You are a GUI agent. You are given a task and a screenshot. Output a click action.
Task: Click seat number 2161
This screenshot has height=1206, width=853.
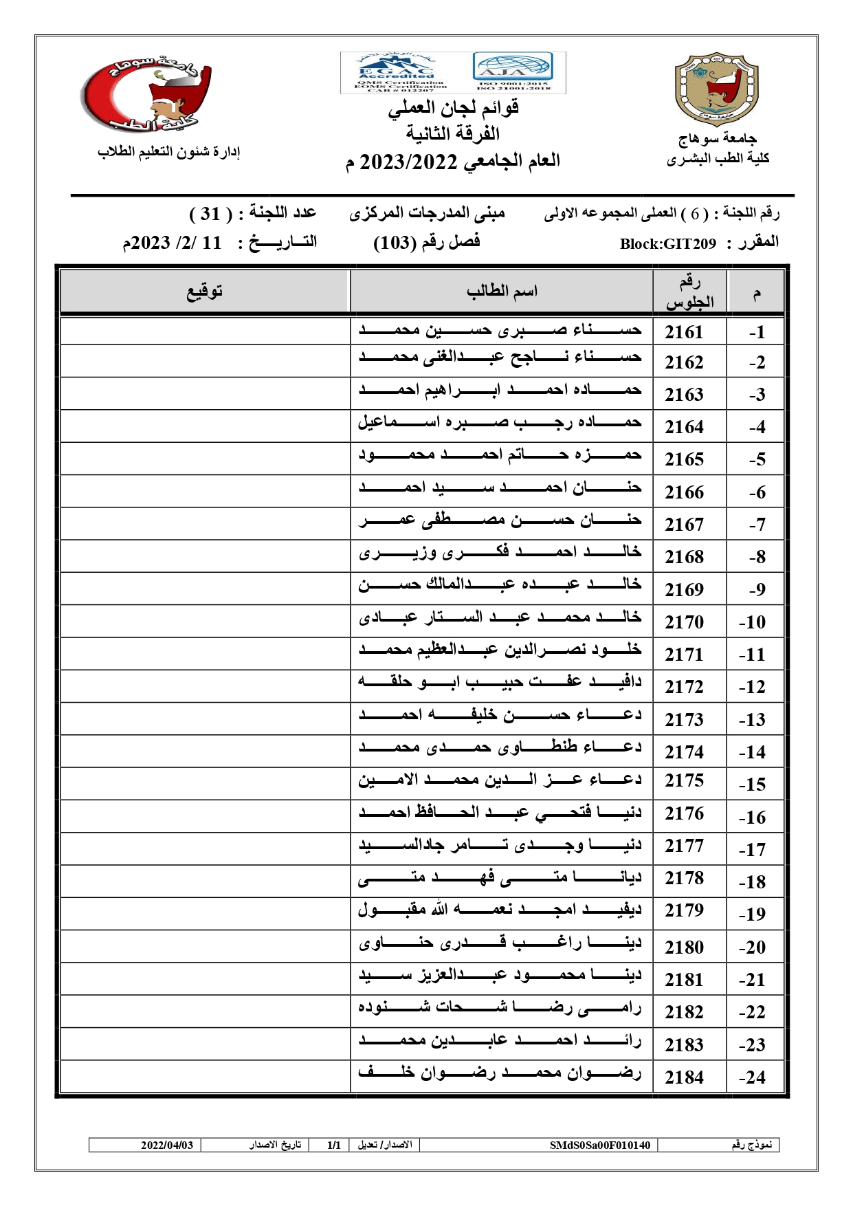tap(684, 332)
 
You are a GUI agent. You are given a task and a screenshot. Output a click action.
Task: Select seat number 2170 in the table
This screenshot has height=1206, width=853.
tap(684, 622)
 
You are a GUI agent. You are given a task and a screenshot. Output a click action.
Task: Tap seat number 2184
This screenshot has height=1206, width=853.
tap(684, 1077)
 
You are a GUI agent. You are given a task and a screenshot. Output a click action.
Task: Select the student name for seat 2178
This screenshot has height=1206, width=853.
tap(500, 878)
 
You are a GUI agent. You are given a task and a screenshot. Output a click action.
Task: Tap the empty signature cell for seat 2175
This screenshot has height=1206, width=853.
tap(205, 782)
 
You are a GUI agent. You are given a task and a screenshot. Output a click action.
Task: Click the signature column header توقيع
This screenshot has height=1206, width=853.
tap(205, 292)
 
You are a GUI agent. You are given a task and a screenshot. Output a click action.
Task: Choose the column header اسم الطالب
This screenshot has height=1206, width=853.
tap(502, 292)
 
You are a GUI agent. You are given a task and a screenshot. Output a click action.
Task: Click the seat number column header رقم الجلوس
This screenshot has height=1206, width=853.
tap(689, 292)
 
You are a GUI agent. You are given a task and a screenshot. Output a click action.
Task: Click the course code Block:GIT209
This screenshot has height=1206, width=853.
tap(667, 244)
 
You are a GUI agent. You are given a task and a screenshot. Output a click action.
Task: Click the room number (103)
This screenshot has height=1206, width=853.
tap(395, 243)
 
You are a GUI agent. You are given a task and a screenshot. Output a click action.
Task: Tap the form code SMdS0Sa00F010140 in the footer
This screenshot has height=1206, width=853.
tap(599, 1145)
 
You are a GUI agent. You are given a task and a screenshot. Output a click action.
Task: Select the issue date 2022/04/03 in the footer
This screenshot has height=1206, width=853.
tap(167, 1145)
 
